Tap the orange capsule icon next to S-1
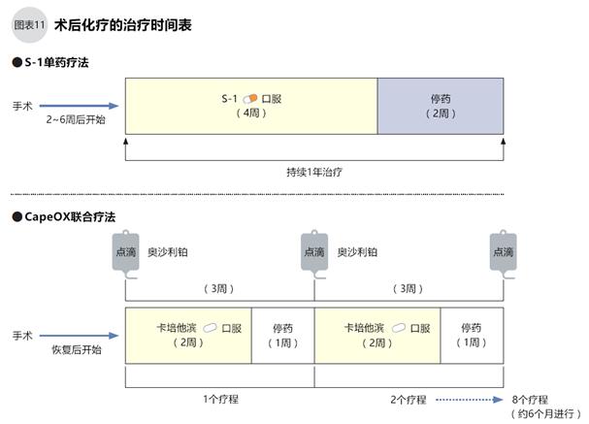(x=250, y=98)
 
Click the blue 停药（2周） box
(x=440, y=105)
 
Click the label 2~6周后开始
(x=75, y=119)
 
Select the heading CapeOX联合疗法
(x=69, y=216)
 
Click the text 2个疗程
(x=408, y=398)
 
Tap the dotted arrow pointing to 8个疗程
(x=470, y=398)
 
